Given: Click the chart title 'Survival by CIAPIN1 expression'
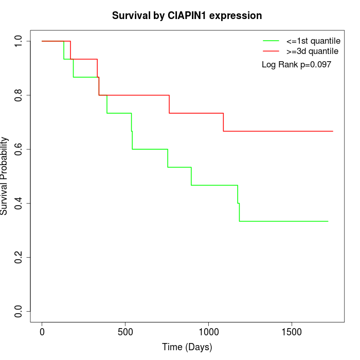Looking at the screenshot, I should tap(187, 16).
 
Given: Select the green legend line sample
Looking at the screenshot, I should tap(271, 41).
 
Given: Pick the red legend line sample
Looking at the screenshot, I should tap(271, 51).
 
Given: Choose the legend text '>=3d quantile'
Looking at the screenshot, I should tap(312, 51).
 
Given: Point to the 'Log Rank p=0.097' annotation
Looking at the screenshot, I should tap(296, 65).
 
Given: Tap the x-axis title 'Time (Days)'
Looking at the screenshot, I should tap(187, 347).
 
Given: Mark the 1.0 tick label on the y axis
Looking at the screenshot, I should tap(19, 41).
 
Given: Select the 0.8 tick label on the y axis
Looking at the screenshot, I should tap(19, 95).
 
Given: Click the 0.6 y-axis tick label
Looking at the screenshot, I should tap(19, 149).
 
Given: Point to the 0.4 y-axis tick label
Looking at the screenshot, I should tap(19, 203).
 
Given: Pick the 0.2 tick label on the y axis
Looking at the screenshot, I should tap(19, 257).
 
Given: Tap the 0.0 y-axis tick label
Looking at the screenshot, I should tap(19, 311).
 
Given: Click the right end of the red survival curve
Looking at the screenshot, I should tap(333, 131).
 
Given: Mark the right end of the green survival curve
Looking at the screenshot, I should tap(328, 221).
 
